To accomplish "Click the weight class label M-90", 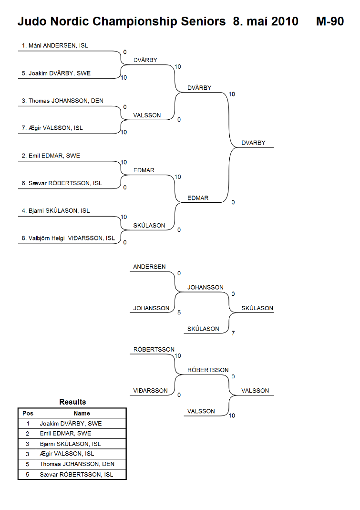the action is [330, 21].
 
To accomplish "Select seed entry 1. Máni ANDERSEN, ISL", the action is [55, 45].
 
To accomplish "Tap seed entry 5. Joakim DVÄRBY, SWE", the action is [56, 73].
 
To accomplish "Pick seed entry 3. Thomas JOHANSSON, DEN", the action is [62, 101].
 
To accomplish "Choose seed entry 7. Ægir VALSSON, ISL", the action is [52, 128].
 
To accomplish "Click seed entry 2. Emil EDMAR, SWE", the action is [51, 156].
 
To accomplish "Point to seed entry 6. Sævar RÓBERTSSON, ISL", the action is [62, 183].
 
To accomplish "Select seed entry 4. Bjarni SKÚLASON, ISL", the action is [56, 211].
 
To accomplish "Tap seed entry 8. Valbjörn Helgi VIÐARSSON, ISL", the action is [68, 238].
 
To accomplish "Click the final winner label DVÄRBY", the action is [253, 143].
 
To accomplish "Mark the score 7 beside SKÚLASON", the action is [233, 333].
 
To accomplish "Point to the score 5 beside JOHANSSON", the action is [179, 312].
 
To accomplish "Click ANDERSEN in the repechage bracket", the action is [149, 267].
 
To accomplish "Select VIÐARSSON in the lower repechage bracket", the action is [150, 391].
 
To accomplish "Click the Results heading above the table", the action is [72, 402].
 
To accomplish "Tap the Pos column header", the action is [28, 414].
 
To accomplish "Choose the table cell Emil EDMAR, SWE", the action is [65, 434].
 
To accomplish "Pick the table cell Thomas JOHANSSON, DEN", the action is [77, 464].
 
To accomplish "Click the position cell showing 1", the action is [28, 424].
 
